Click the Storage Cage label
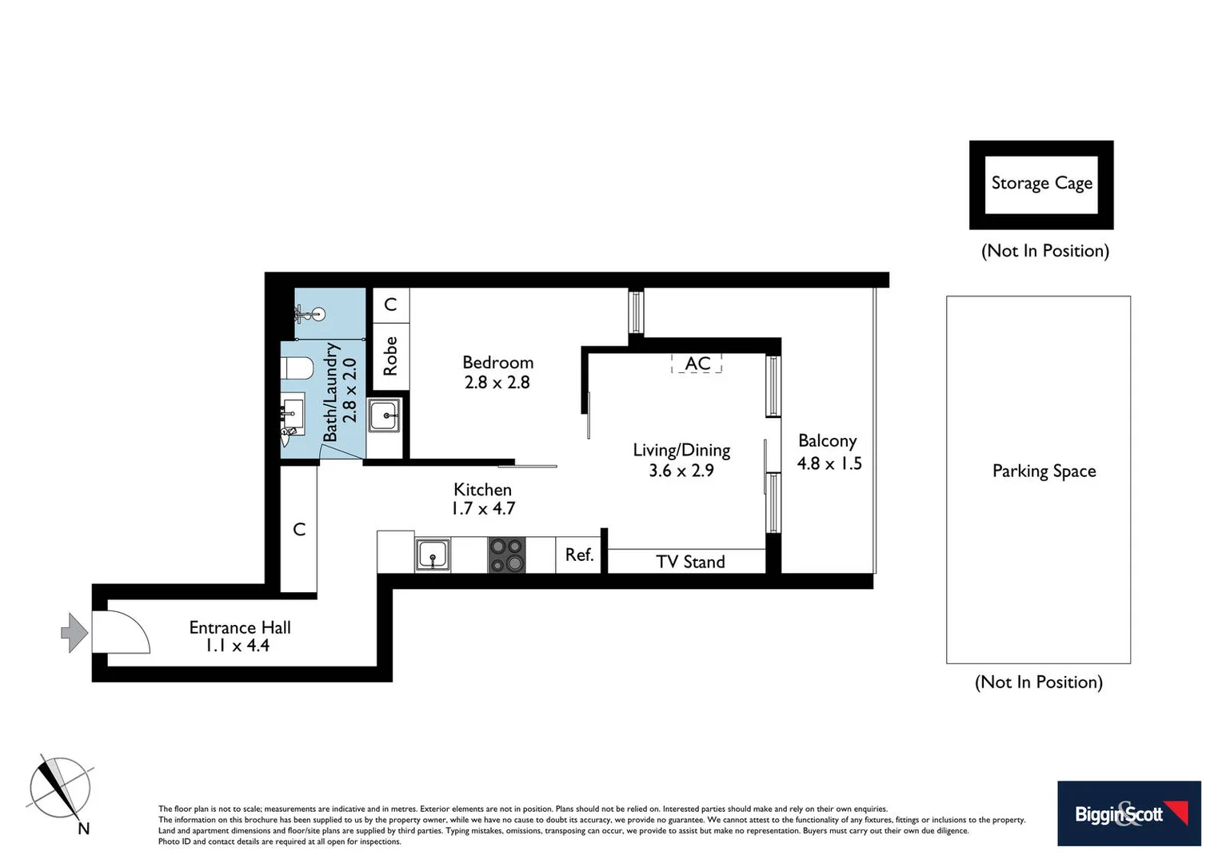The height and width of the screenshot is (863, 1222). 1041,184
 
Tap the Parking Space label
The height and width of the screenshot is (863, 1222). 1044,471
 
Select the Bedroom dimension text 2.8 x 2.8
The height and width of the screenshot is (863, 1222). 497,383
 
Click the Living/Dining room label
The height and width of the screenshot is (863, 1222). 681,450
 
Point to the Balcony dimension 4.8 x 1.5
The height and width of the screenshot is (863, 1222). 829,463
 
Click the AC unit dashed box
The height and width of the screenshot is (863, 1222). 697,364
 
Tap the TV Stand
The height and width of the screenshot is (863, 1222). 689,562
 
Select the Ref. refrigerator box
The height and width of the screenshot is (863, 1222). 579,555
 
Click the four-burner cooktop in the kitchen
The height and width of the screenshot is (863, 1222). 506,555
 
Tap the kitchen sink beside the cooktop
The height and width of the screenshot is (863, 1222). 433,555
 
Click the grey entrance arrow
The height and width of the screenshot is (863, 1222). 74,633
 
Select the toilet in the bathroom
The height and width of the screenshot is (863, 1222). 297,368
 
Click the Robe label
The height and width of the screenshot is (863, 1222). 390,356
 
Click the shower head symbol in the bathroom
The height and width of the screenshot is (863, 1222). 317,314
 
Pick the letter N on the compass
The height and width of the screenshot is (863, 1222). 83,829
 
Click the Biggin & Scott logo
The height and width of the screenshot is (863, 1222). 1128,813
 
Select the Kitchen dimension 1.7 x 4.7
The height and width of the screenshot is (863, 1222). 483,509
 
